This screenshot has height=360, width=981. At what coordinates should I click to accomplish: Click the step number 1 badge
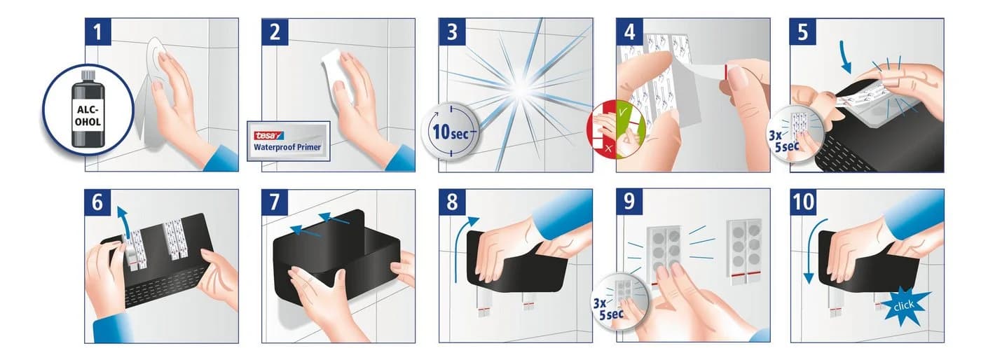(x=97, y=32)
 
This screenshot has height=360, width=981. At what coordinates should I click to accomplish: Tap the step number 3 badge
(x=452, y=32)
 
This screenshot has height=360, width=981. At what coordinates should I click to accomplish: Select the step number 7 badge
(x=275, y=202)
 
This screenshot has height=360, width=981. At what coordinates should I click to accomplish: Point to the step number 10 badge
(x=804, y=202)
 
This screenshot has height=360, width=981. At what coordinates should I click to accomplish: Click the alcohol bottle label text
(x=88, y=116)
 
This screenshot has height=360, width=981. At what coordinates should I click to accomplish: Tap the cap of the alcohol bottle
(x=88, y=76)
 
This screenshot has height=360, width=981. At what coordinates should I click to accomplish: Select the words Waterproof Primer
(x=287, y=147)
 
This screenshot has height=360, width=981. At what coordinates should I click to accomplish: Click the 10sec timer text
(x=451, y=132)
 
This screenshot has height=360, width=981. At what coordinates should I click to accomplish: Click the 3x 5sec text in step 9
(x=609, y=308)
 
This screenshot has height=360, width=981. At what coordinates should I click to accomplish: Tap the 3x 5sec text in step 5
(x=784, y=141)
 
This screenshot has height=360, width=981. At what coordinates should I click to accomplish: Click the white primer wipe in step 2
(x=337, y=76)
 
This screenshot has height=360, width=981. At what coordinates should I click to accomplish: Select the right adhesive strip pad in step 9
(x=744, y=249)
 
